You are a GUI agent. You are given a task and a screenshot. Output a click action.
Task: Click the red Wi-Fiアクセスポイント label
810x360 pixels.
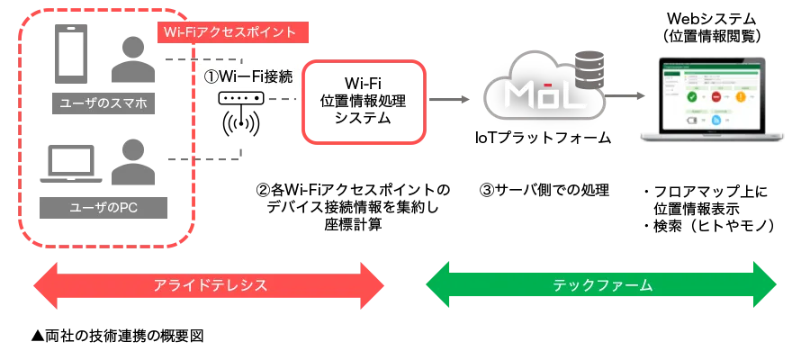[x=232, y=32]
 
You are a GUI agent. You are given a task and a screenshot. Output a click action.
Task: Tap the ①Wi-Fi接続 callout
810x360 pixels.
[x=246, y=77]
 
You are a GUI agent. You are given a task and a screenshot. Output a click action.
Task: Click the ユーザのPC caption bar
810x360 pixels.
[x=103, y=208]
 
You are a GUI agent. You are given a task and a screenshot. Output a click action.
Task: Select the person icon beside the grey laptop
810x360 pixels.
[x=132, y=158]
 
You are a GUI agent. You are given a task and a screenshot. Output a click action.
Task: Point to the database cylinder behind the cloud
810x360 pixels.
[x=590, y=67]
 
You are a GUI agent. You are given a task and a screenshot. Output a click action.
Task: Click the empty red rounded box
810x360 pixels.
[x=361, y=101]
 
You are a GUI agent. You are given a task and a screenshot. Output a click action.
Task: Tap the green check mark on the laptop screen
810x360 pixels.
[x=691, y=98]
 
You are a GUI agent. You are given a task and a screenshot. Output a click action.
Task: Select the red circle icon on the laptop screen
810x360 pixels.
[x=716, y=98]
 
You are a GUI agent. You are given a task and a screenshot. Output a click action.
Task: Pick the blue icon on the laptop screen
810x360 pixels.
[x=717, y=120]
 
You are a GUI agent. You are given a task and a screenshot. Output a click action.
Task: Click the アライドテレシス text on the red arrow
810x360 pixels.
[x=210, y=284]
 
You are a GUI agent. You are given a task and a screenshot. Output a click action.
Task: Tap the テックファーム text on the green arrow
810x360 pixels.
[x=601, y=284]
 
